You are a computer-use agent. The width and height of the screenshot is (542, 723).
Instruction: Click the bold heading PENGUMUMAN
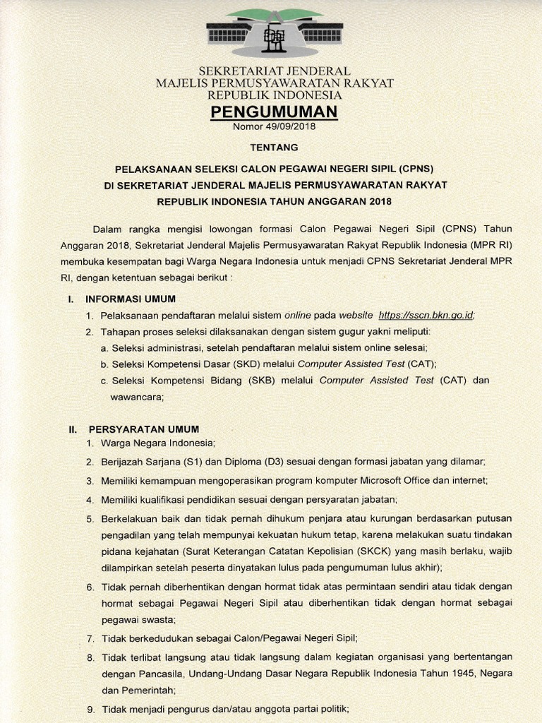[274, 112]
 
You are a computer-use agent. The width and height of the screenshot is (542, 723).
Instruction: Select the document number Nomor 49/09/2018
[274, 127]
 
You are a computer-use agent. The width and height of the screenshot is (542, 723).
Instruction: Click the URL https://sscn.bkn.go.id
[426, 315]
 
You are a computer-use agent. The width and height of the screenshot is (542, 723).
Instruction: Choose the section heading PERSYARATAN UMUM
[143, 429]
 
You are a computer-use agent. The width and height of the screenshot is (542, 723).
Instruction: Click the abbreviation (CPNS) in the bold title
[416, 169]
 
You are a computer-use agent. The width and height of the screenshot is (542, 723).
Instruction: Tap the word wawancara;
[137, 397]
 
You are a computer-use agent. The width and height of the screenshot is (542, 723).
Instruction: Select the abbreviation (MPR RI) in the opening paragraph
[486, 244]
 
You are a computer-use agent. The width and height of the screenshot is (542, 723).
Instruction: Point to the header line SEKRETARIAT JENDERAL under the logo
[275, 71]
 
